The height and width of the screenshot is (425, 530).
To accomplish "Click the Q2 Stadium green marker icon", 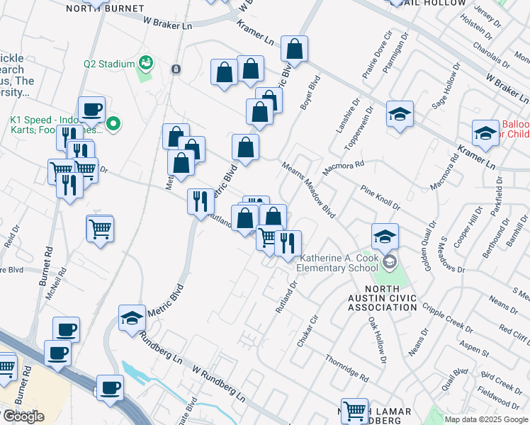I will click(147, 63).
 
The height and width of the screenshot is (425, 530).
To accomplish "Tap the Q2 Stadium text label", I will click(109, 64).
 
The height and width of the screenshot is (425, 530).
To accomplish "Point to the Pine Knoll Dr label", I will click(380, 198).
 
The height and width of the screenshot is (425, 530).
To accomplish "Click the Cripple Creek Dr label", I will click(447, 317).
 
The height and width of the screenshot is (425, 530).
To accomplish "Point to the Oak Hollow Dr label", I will click(377, 340).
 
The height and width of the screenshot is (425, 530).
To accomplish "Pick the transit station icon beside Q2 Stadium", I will click(175, 69).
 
